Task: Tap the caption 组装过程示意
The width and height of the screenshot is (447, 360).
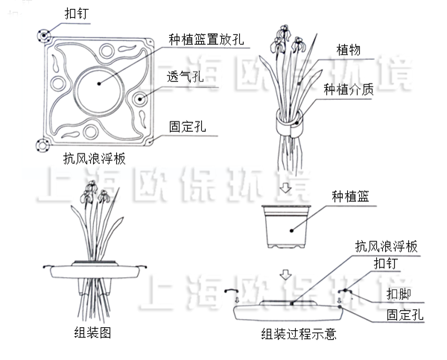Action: point(298,336)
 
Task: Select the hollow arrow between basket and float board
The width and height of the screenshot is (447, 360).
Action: point(287,276)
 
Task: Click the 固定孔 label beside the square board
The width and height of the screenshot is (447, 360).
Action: point(184,128)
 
